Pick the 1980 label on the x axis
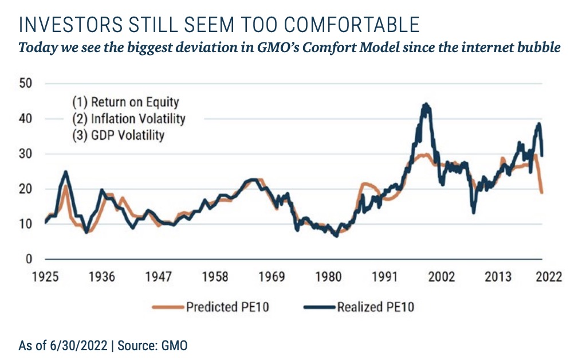(x=328, y=277)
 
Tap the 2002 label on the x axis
(x=442, y=277)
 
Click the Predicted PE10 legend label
(x=227, y=307)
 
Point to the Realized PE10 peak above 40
(x=425, y=106)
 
